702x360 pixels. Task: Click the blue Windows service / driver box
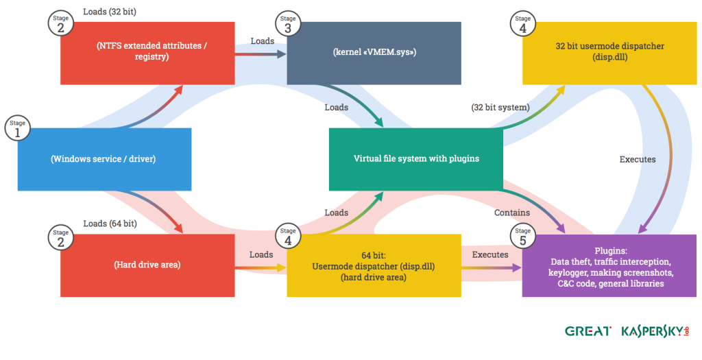click(x=104, y=159)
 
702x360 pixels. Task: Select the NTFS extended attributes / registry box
click(x=147, y=53)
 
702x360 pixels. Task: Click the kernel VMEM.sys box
click(x=374, y=53)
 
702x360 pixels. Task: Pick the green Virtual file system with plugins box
click(x=416, y=158)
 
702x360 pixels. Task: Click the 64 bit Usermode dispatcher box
click(x=374, y=265)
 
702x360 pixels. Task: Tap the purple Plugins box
click(x=609, y=265)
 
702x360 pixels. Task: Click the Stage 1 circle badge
click(x=17, y=128)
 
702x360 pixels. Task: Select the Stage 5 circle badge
click(x=523, y=236)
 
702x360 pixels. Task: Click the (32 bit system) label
click(x=500, y=107)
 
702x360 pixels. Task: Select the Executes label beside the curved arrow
click(x=638, y=159)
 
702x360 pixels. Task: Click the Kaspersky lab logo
click(x=655, y=331)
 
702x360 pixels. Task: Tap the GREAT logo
click(x=588, y=331)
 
